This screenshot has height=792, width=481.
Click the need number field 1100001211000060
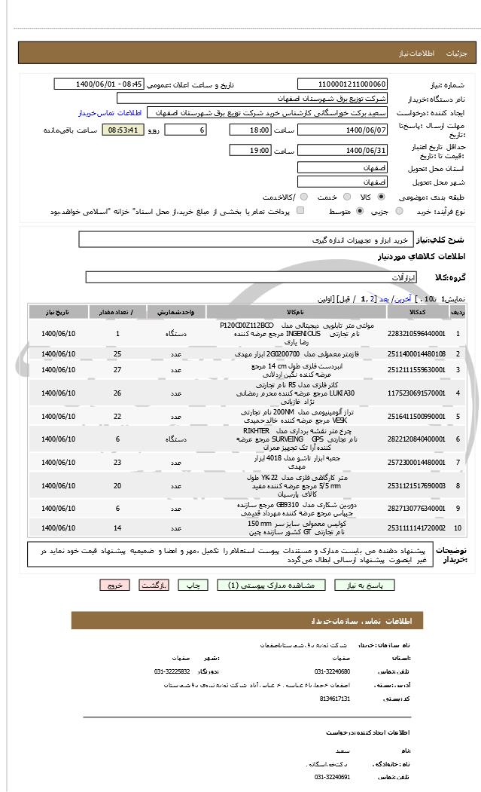click(342, 84)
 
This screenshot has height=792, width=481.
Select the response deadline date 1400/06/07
click(342, 130)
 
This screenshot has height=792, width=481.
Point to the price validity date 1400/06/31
click(342, 151)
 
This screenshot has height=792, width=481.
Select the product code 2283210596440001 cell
click(416, 332)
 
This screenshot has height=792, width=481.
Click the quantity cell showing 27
click(117, 370)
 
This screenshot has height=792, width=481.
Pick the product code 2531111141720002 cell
click(416, 528)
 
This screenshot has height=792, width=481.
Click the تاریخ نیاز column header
click(59, 311)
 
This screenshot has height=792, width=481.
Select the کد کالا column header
click(416, 311)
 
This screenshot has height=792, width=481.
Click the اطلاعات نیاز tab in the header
click(416, 54)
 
